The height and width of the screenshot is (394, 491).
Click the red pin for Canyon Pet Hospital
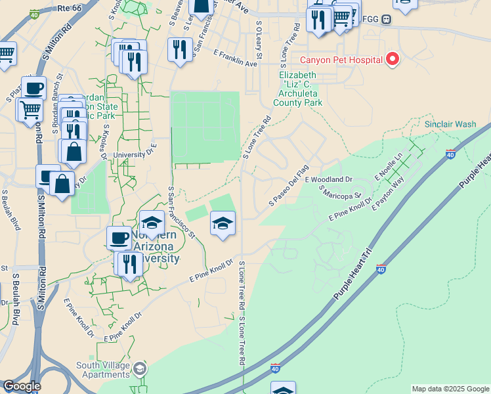pyautogui.click(x=393, y=59)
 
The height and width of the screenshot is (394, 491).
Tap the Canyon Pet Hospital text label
pyautogui.click(x=341, y=60)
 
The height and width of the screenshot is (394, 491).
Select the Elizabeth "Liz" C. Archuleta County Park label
pyautogui.click(x=298, y=89)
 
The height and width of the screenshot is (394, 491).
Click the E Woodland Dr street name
pyautogui.click(x=328, y=179)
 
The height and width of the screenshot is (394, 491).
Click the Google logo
pyautogui.click(x=22, y=386)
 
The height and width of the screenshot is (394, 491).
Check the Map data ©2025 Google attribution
pyautogui.click(x=450, y=389)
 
